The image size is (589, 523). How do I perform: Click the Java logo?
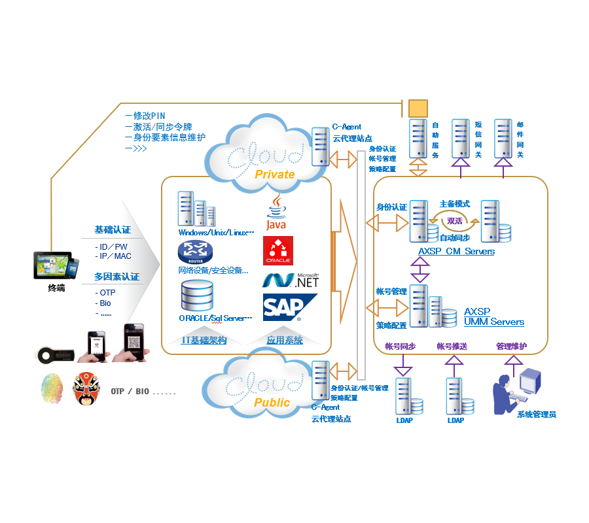click(x=277, y=212)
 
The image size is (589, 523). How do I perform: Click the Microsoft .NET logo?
click(x=290, y=280)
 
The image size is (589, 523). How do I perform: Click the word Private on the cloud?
click(x=274, y=175)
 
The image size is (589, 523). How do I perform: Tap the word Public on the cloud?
click(x=272, y=403)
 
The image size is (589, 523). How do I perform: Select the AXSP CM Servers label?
click(x=456, y=251)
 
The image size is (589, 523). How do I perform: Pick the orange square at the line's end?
click(x=418, y=108)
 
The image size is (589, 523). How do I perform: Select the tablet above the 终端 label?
click(x=52, y=265)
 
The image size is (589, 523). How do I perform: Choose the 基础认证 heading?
click(x=113, y=230)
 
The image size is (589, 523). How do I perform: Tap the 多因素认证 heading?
click(x=116, y=277)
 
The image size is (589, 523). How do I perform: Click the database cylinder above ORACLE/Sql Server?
click(x=197, y=295)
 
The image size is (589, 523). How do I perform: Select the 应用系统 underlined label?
click(x=285, y=340)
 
